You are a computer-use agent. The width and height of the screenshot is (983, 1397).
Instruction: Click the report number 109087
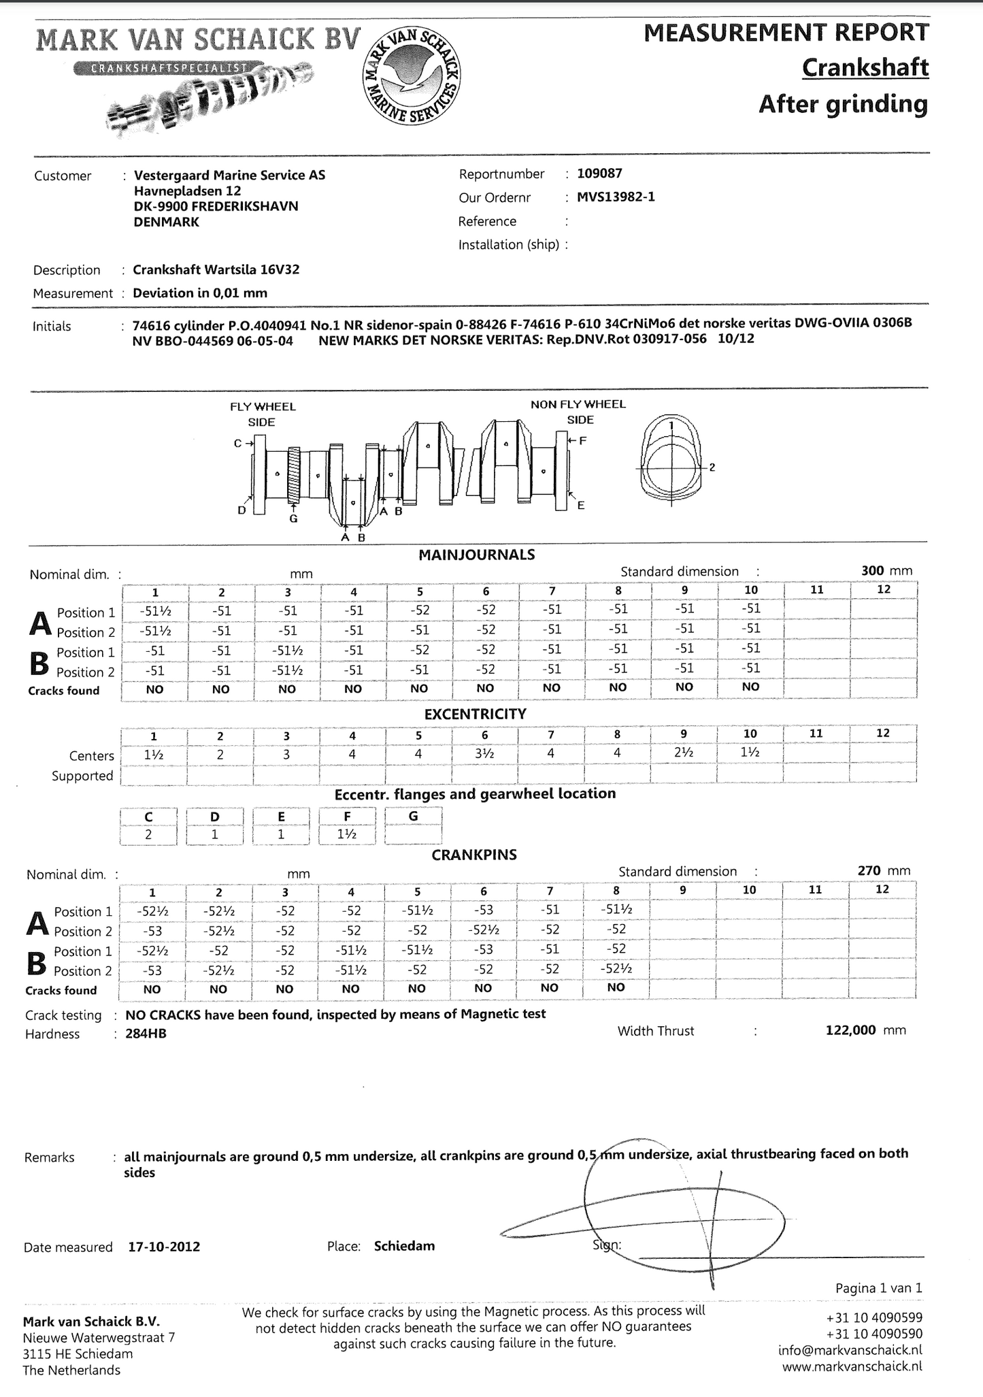599,174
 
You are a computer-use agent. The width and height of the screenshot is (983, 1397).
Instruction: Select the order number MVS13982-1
616,197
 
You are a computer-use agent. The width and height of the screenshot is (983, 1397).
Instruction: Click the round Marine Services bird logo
411,76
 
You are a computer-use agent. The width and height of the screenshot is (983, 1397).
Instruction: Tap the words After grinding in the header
843,105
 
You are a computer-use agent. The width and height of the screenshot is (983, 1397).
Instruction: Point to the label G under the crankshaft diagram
294,519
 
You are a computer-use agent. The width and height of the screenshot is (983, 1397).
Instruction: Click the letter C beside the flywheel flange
238,443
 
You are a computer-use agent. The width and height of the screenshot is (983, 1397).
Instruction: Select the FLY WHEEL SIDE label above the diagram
263,414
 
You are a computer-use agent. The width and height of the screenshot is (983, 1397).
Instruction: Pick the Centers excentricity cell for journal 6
484,754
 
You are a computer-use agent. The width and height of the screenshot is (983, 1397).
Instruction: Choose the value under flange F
347,834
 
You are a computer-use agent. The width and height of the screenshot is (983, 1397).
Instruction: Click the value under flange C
148,834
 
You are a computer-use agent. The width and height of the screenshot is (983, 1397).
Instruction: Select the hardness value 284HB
146,1034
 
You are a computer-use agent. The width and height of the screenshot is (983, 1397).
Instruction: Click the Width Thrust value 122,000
850,1030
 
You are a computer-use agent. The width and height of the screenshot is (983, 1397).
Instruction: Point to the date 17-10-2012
164,1247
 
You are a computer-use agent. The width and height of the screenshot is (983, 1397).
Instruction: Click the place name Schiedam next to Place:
404,1246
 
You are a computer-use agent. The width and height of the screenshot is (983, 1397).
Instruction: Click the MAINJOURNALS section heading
476,555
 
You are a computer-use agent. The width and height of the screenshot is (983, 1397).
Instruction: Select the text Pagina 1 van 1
878,1287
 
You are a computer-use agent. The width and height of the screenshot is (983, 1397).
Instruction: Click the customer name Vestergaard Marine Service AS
229,176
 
